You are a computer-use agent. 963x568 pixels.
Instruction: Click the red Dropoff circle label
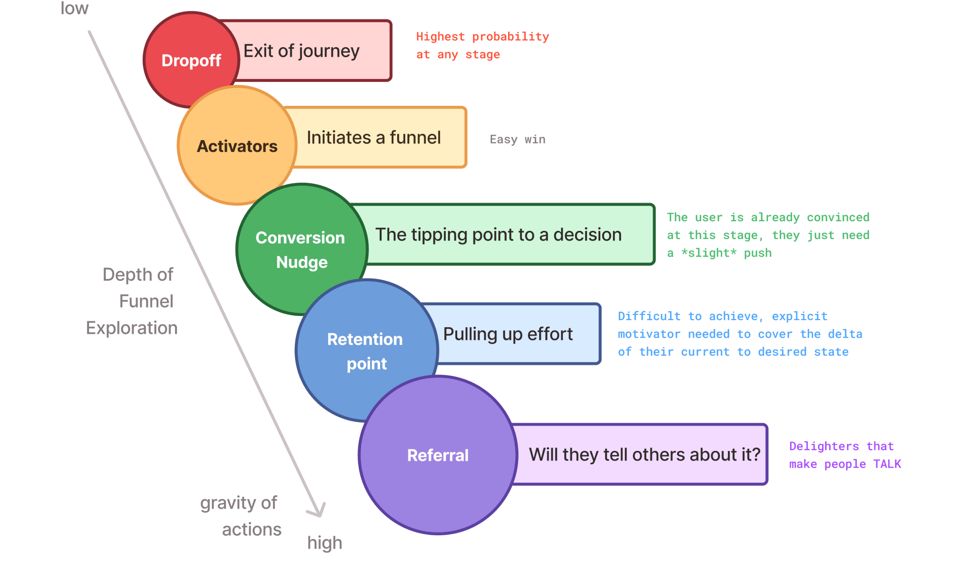point(191,61)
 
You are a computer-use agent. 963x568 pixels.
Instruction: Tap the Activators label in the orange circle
point(237,146)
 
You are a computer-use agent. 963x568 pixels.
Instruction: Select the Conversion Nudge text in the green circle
point(301,250)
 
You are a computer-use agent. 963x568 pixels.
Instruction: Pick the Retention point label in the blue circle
point(365,351)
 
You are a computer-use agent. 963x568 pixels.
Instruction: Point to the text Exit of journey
point(301,51)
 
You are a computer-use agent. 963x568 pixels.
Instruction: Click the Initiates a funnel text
point(374,137)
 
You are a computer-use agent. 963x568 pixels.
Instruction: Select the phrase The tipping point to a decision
point(498,234)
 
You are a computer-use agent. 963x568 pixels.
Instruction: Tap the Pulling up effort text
point(508,334)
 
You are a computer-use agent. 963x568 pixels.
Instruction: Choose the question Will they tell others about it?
point(644,454)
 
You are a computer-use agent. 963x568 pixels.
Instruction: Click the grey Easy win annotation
point(518,139)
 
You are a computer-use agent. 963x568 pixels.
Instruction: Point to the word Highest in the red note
point(440,37)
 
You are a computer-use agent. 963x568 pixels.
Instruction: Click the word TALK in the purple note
point(887,464)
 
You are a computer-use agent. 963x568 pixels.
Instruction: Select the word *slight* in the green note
point(708,253)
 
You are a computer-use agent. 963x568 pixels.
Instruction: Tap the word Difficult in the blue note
point(649,316)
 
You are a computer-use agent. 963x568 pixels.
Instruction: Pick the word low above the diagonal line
point(74,8)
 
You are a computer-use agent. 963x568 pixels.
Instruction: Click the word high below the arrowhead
point(324,543)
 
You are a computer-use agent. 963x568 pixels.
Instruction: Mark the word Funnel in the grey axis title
point(146,301)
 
